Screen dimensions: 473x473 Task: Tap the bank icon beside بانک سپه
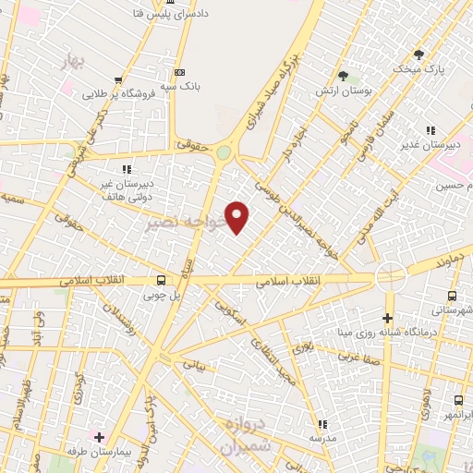click(x=179, y=72)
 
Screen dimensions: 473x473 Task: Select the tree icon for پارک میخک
click(x=418, y=54)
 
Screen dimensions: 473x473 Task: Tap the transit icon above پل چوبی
click(x=163, y=280)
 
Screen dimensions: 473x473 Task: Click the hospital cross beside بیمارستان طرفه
click(x=99, y=435)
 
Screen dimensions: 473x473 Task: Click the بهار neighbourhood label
click(x=70, y=63)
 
